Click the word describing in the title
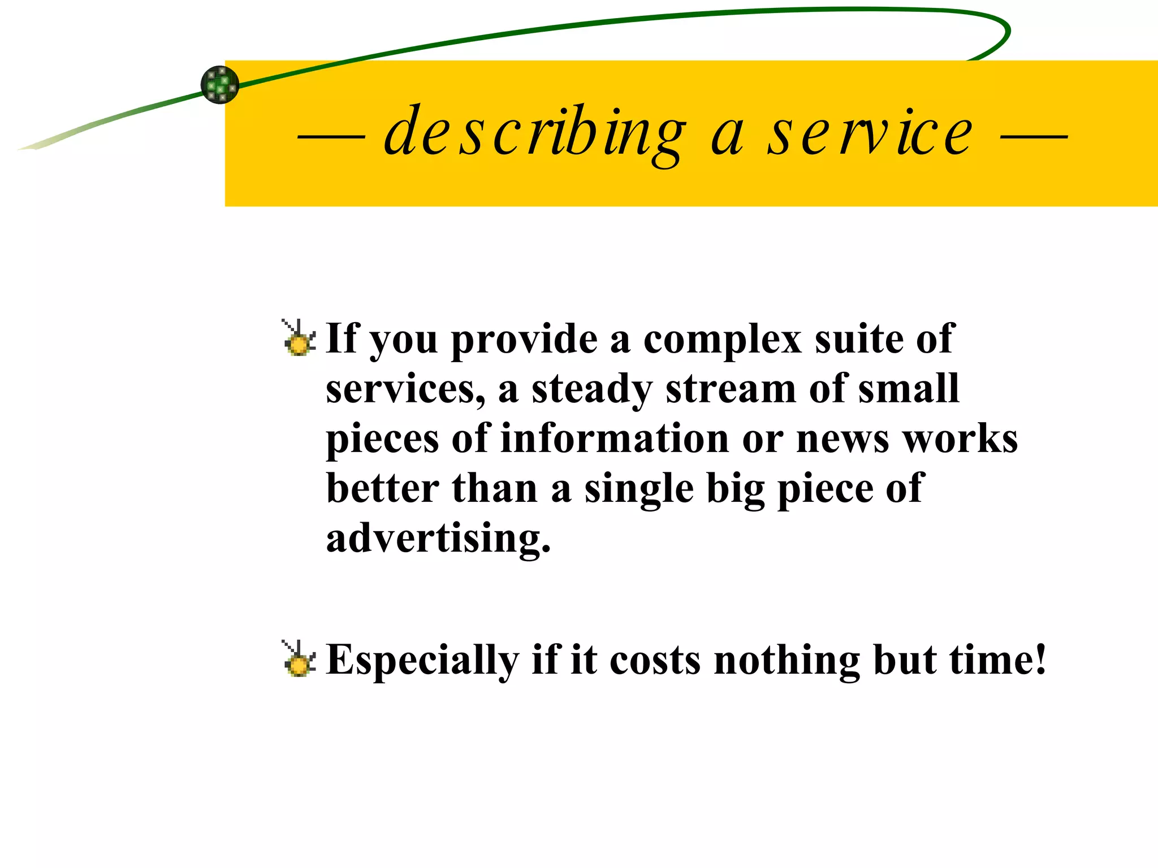pyautogui.click(x=534, y=133)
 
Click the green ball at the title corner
pyautogui.click(x=220, y=85)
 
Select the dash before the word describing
pyautogui.click(x=331, y=137)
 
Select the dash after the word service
pyautogui.click(x=1034, y=137)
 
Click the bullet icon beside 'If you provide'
pyautogui.click(x=298, y=338)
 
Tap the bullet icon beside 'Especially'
pyautogui.click(x=298, y=659)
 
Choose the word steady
pyautogui.click(x=592, y=390)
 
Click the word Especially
pyautogui.click(x=422, y=660)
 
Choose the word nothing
pyautogui.click(x=787, y=660)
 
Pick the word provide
pyautogui.click(x=524, y=340)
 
